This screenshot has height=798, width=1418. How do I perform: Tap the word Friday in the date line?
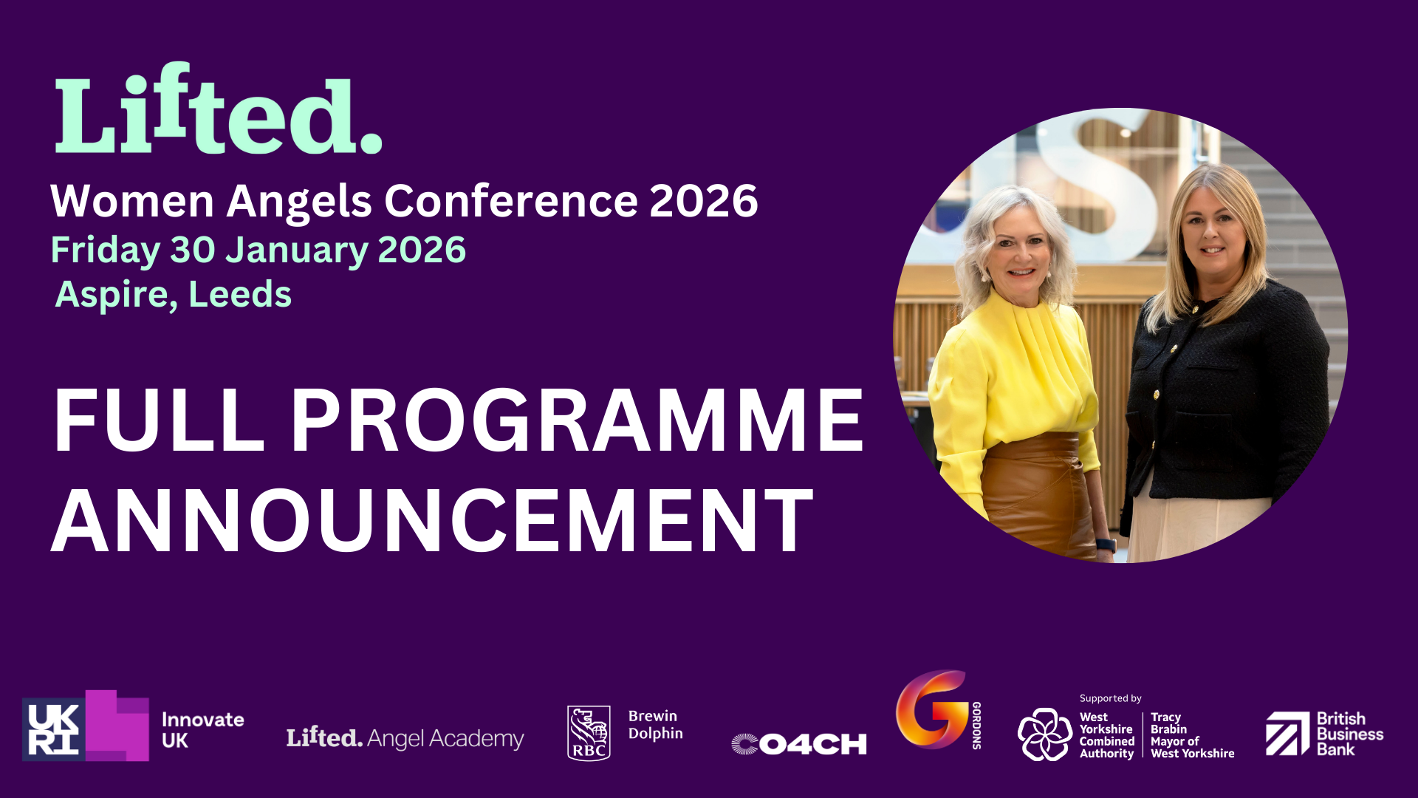(x=105, y=251)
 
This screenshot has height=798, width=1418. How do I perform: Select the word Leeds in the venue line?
(x=240, y=294)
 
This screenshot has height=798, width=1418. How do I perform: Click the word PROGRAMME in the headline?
(x=577, y=420)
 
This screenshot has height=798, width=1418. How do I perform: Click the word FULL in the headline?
(x=159, y=420)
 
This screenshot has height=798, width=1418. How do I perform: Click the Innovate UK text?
(x=202, y=730)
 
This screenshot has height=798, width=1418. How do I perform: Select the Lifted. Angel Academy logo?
(x=405, y=737)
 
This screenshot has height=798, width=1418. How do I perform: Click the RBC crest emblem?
(x=589, y=733)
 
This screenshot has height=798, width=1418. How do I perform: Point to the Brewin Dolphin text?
(x=655, y=725)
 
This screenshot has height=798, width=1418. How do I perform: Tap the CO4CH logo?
(x=799, y=744)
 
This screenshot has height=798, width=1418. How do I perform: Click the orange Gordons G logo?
(x=932, y=709)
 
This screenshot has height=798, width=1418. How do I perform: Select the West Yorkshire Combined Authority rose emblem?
(x=1044, y=734)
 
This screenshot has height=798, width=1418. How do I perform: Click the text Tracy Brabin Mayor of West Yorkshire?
(x=1192, y=735)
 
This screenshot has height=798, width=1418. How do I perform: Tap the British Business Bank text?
(x=1349, y=734)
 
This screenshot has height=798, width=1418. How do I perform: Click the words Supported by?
(x=1110, y=698)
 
